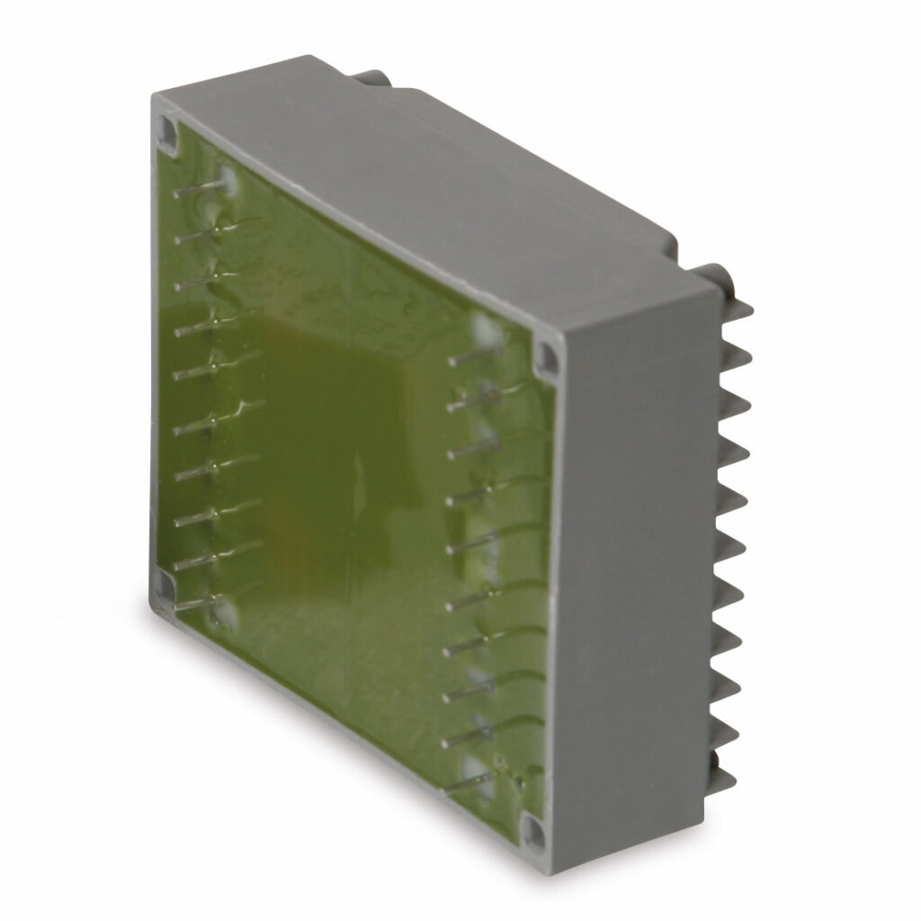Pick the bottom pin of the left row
coord(200,604)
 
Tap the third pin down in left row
coord(200,281)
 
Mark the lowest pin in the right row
coord(469,783)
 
